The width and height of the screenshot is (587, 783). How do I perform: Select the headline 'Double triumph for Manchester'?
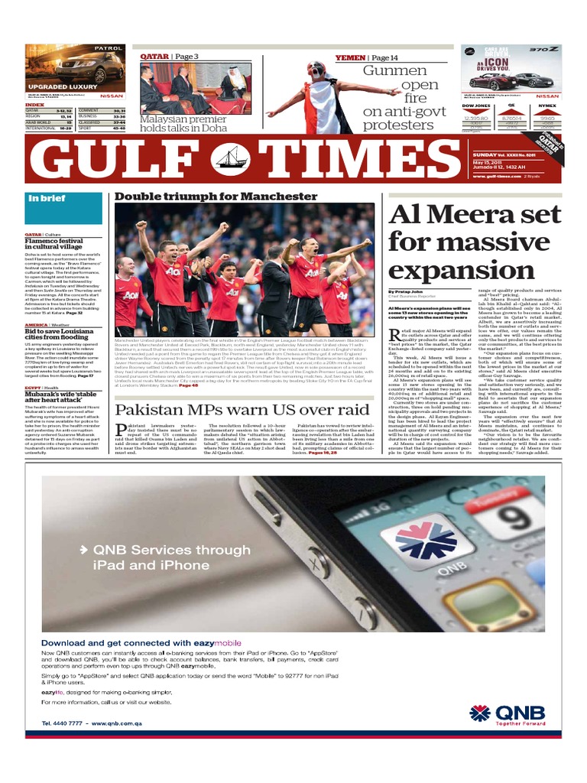click(216, 197)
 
